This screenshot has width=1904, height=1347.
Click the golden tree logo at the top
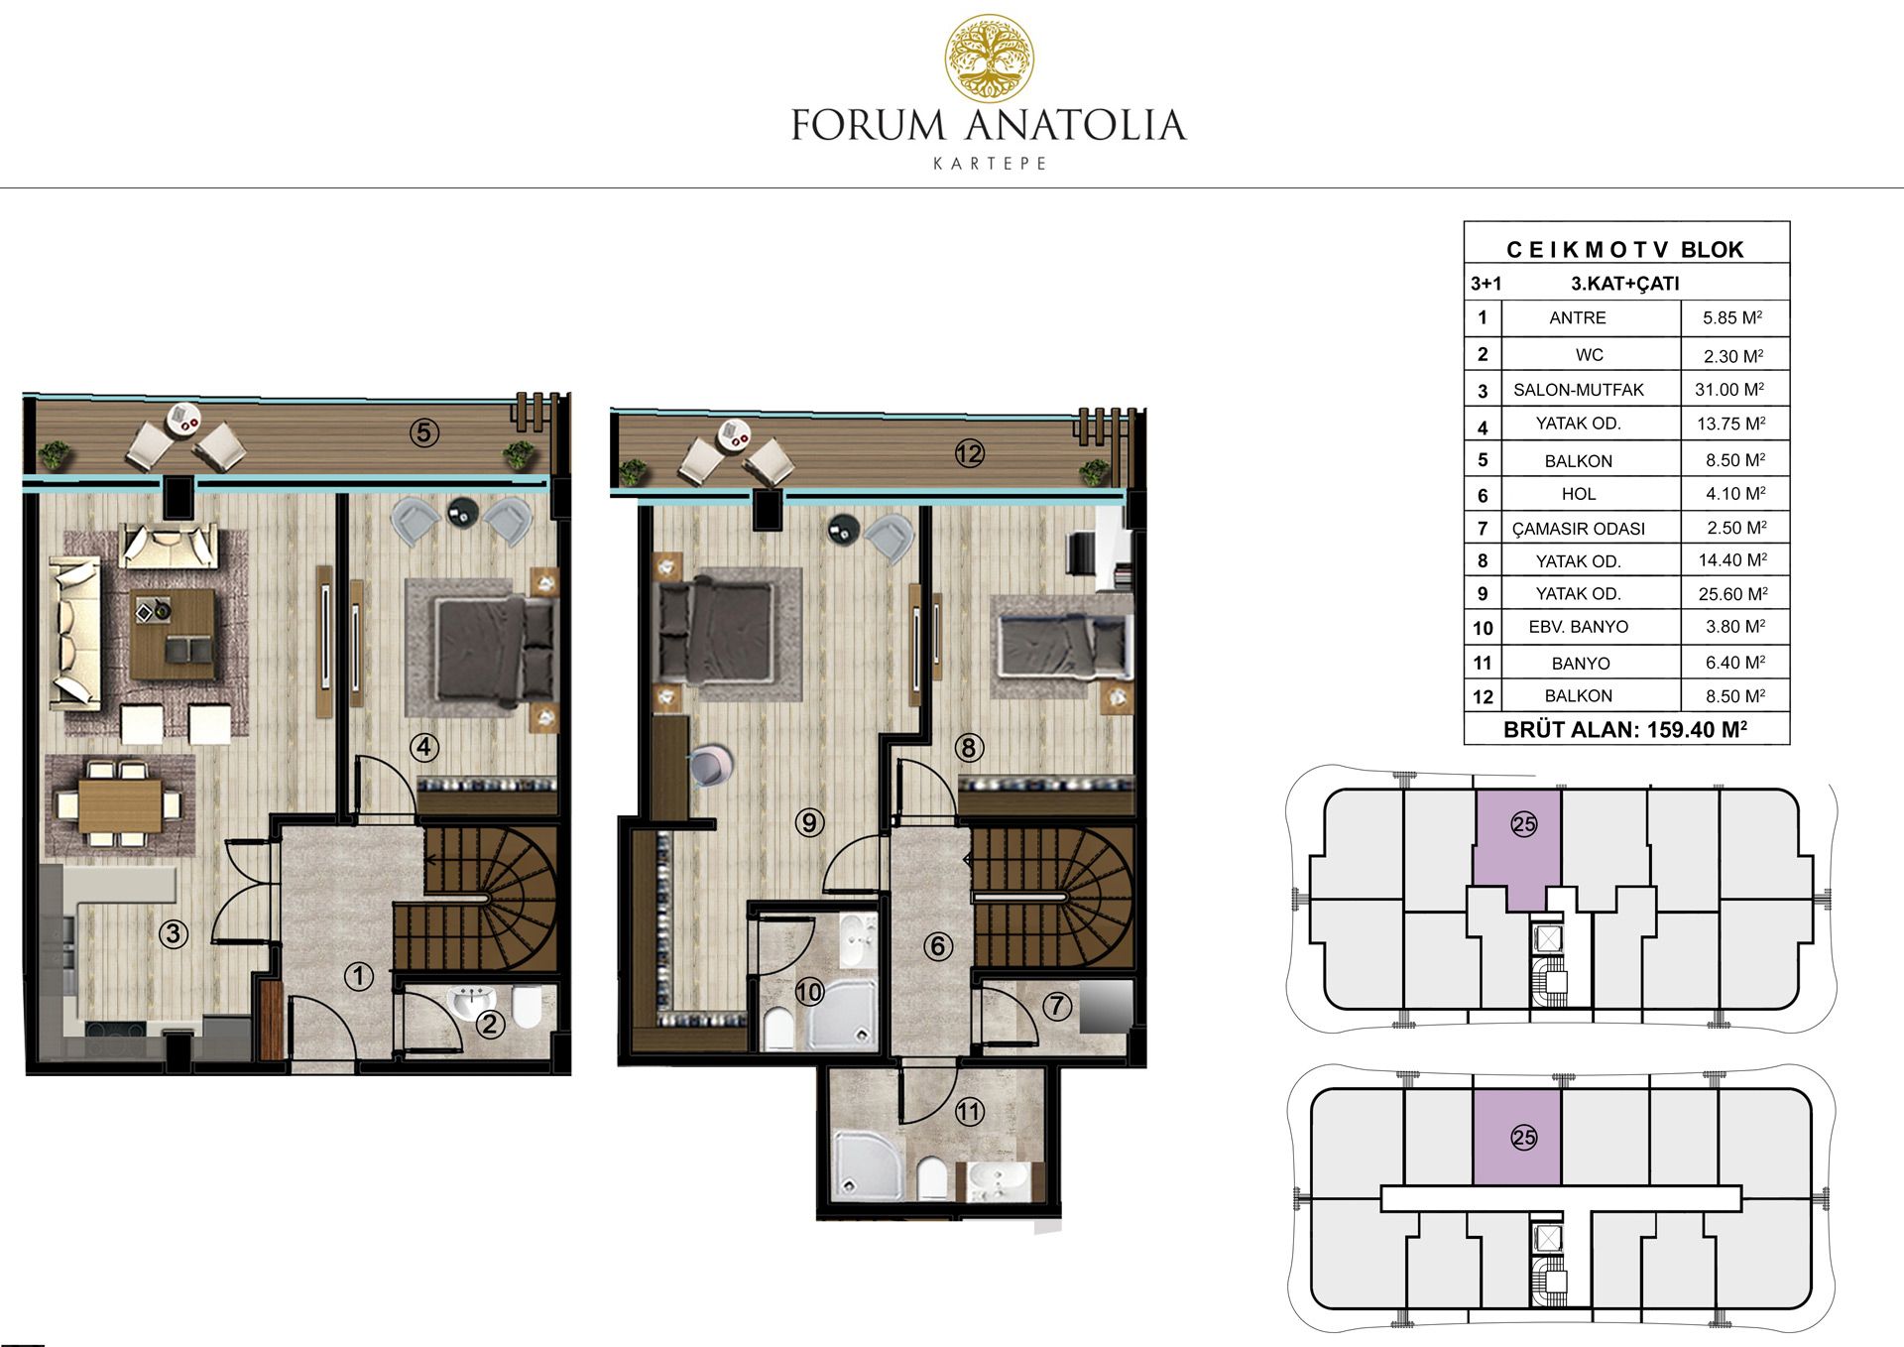pyautogui.click(x=989, y=58)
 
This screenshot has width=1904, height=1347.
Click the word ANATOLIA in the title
pyautogui.click(x=1075, y=126)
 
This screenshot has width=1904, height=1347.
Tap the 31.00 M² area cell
pyautogui.click(x=1730, y=390)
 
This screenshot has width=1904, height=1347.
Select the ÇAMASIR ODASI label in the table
pyautogui.click(x=1578, y=529)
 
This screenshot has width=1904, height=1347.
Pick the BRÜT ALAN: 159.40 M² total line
pyautogui.click(x=1625, y=730)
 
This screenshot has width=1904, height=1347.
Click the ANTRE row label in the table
pyautogui.click(x=1578, y=318)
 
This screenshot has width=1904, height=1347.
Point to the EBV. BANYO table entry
pyautogui.click(x=1579, y=627)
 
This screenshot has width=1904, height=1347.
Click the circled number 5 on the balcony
pyautogui.click(x=424, y=432)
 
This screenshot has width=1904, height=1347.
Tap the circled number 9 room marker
pyautogui.click(x=810, y=822)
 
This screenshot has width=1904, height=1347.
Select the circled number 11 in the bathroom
pyautogui.click(x=970, y=1112)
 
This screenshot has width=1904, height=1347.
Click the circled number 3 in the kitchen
pyautogui.click(x=174, y=932)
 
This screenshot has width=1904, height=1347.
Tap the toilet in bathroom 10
pyautogui.click(x=777, y=1029)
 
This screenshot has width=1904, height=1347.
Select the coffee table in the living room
pyautogui.click(x=174, y=635)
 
